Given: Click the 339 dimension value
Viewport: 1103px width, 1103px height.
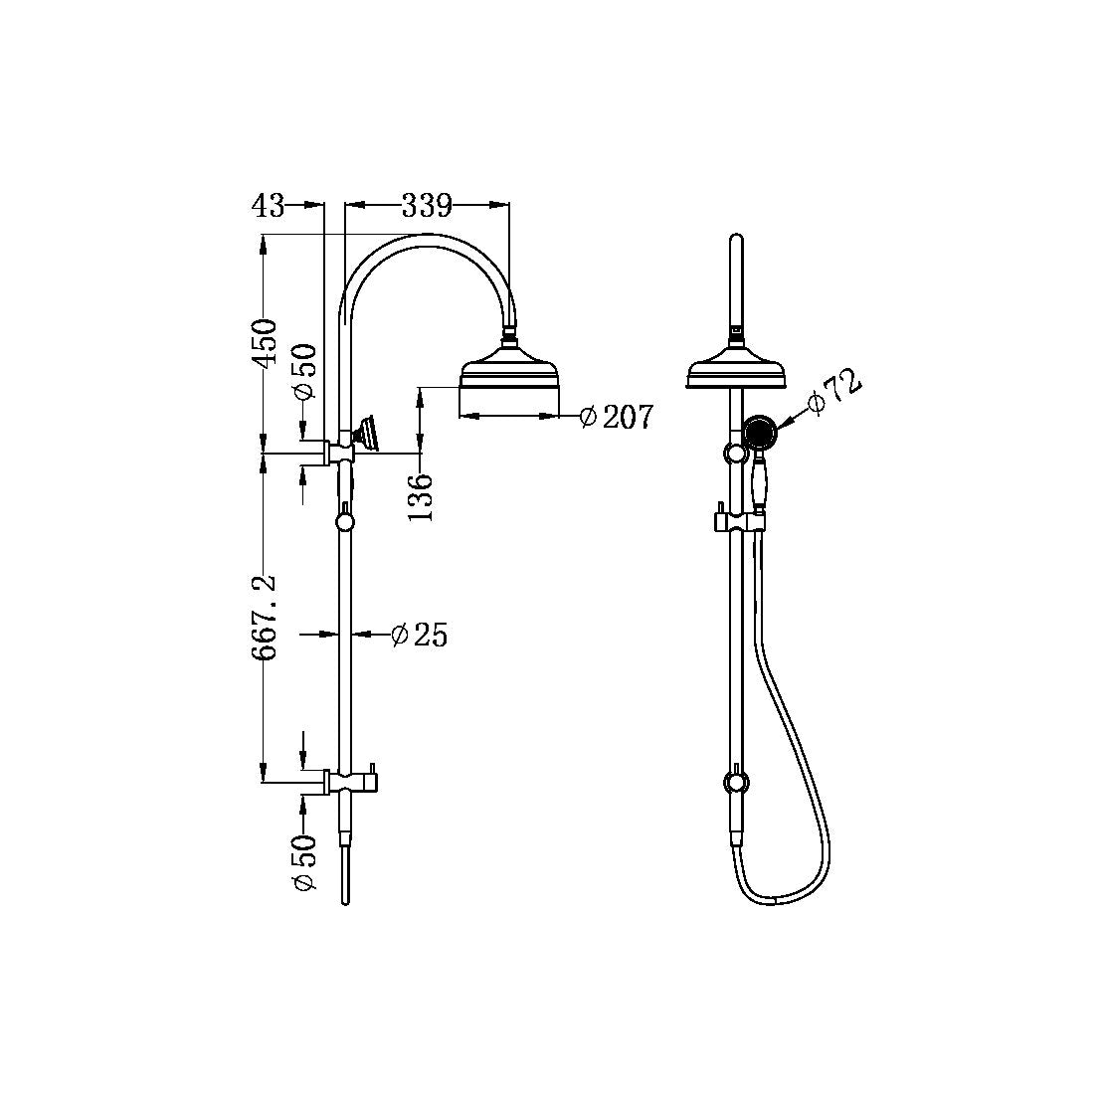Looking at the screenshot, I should [427, 206].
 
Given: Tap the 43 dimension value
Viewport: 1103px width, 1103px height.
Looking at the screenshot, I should [267, 206].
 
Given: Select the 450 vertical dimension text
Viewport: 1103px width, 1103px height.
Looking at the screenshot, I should [265, 343].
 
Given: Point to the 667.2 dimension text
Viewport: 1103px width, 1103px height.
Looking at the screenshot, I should [265, 618].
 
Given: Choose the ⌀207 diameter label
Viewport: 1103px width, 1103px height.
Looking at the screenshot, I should [617, 417].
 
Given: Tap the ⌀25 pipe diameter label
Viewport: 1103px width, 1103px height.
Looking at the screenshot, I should [419, 635].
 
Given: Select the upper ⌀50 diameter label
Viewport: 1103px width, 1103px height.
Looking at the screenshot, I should [305, 372].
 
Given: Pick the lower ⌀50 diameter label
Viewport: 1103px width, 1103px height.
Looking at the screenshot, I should [305, 862].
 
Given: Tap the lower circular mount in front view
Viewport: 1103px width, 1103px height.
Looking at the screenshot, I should [735, 781].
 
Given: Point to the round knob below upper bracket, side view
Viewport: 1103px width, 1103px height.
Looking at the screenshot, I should [345, 519].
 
